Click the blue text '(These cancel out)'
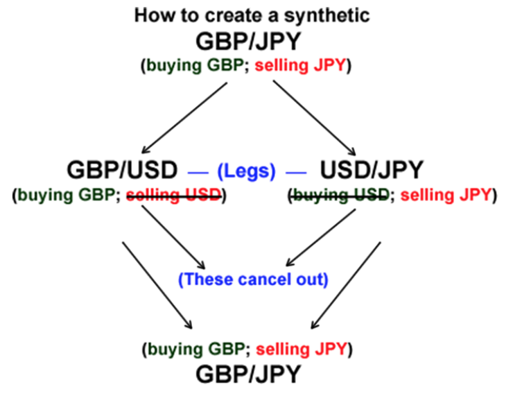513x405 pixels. [x=252, y=280]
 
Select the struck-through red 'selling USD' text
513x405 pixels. [x=173, y=196]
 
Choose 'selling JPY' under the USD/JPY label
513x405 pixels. [x=445, y=196]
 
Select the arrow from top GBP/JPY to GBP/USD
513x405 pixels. [x=184, y=117]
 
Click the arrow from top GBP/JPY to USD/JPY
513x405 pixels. [x=313, y=117]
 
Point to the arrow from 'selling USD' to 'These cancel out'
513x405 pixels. [x=173, y=238]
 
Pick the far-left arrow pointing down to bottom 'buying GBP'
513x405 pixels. [x=157, y=284]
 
